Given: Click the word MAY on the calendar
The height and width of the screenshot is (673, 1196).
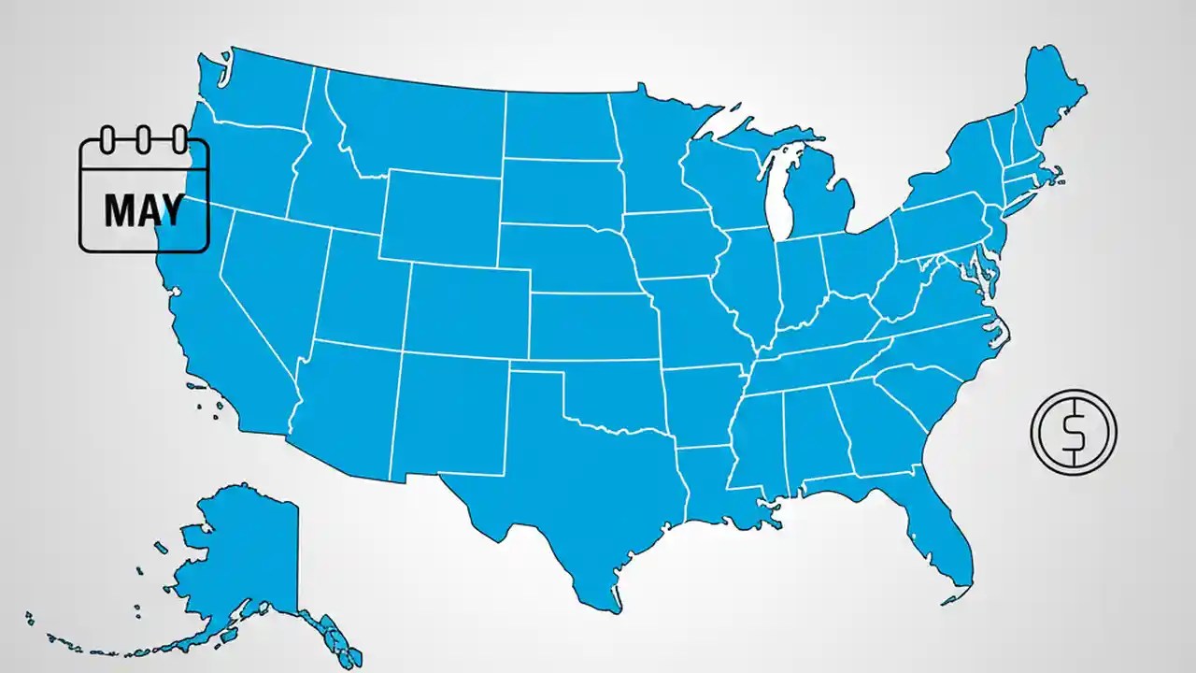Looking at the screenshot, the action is click(143, 211).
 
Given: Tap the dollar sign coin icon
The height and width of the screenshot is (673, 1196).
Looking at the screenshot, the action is click(1074, 431).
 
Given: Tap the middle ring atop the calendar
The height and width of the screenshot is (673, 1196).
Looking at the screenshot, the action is click(142, 141).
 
